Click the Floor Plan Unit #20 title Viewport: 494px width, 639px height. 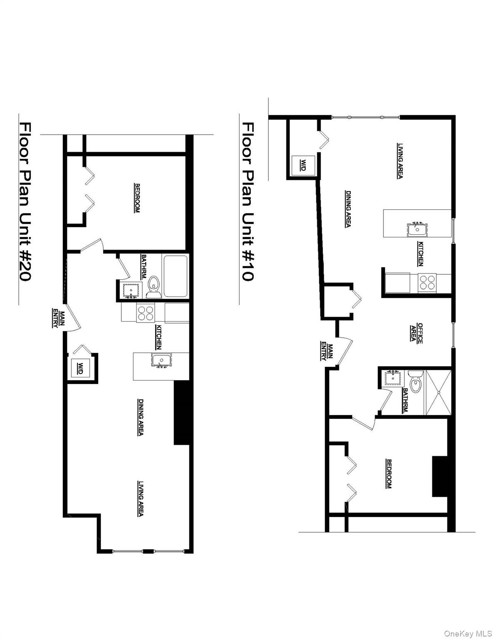point(25,201)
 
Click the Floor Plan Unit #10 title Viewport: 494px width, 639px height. point(248,201)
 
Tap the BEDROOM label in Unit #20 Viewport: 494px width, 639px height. point(137,198)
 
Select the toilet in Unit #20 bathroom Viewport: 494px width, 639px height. point(154,287)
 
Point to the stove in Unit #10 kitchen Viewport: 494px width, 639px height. point(427,282)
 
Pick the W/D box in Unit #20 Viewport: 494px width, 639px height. point(80,368)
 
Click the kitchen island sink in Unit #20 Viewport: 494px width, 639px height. point(160,360)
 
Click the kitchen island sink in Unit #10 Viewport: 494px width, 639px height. point(416,229)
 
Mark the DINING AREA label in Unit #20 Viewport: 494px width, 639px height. point(141,417)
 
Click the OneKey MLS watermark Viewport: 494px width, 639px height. point(467,634)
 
